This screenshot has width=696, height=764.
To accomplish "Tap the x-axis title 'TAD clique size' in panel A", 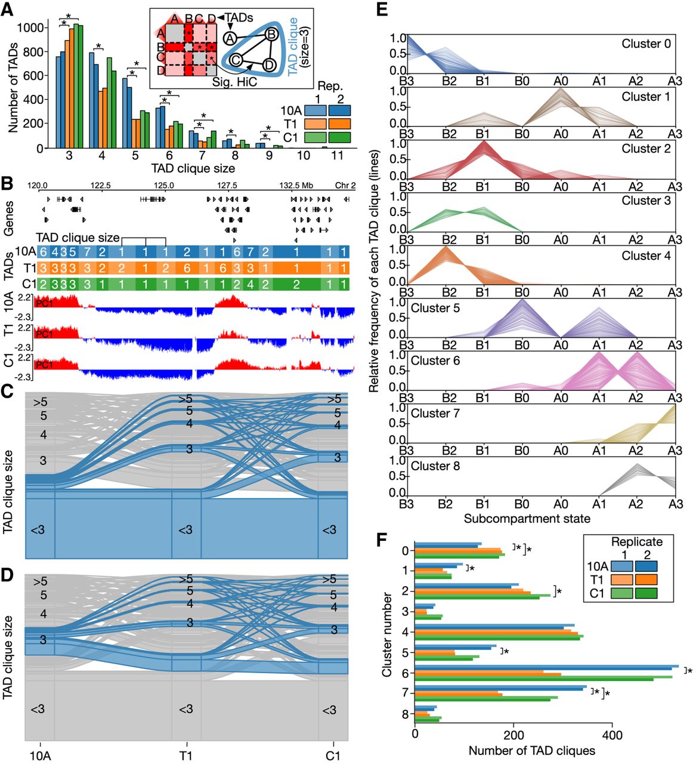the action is click(x=193, y=168).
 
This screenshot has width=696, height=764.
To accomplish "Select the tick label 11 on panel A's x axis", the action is click(x=336, y=155).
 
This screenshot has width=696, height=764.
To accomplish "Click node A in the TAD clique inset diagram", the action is click(x=230, y=38).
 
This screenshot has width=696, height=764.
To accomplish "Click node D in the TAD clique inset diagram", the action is click(x=269, y=64).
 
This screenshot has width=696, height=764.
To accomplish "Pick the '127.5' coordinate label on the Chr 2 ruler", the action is click(x=227, y=185).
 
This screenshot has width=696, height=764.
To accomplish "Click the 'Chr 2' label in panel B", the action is click(x=345, y=185).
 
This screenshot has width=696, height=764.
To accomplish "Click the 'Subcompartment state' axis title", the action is click(x=527, y=518).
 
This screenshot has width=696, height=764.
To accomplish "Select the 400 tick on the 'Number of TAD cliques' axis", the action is click(x=613, y=734).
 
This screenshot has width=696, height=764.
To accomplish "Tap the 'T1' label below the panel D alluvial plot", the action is click(x=185, y=755).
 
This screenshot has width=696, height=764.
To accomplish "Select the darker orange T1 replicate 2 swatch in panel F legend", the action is click(x=646, y=580).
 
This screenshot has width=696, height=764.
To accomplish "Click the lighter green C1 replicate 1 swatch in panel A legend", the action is click(x=315, y=137).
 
